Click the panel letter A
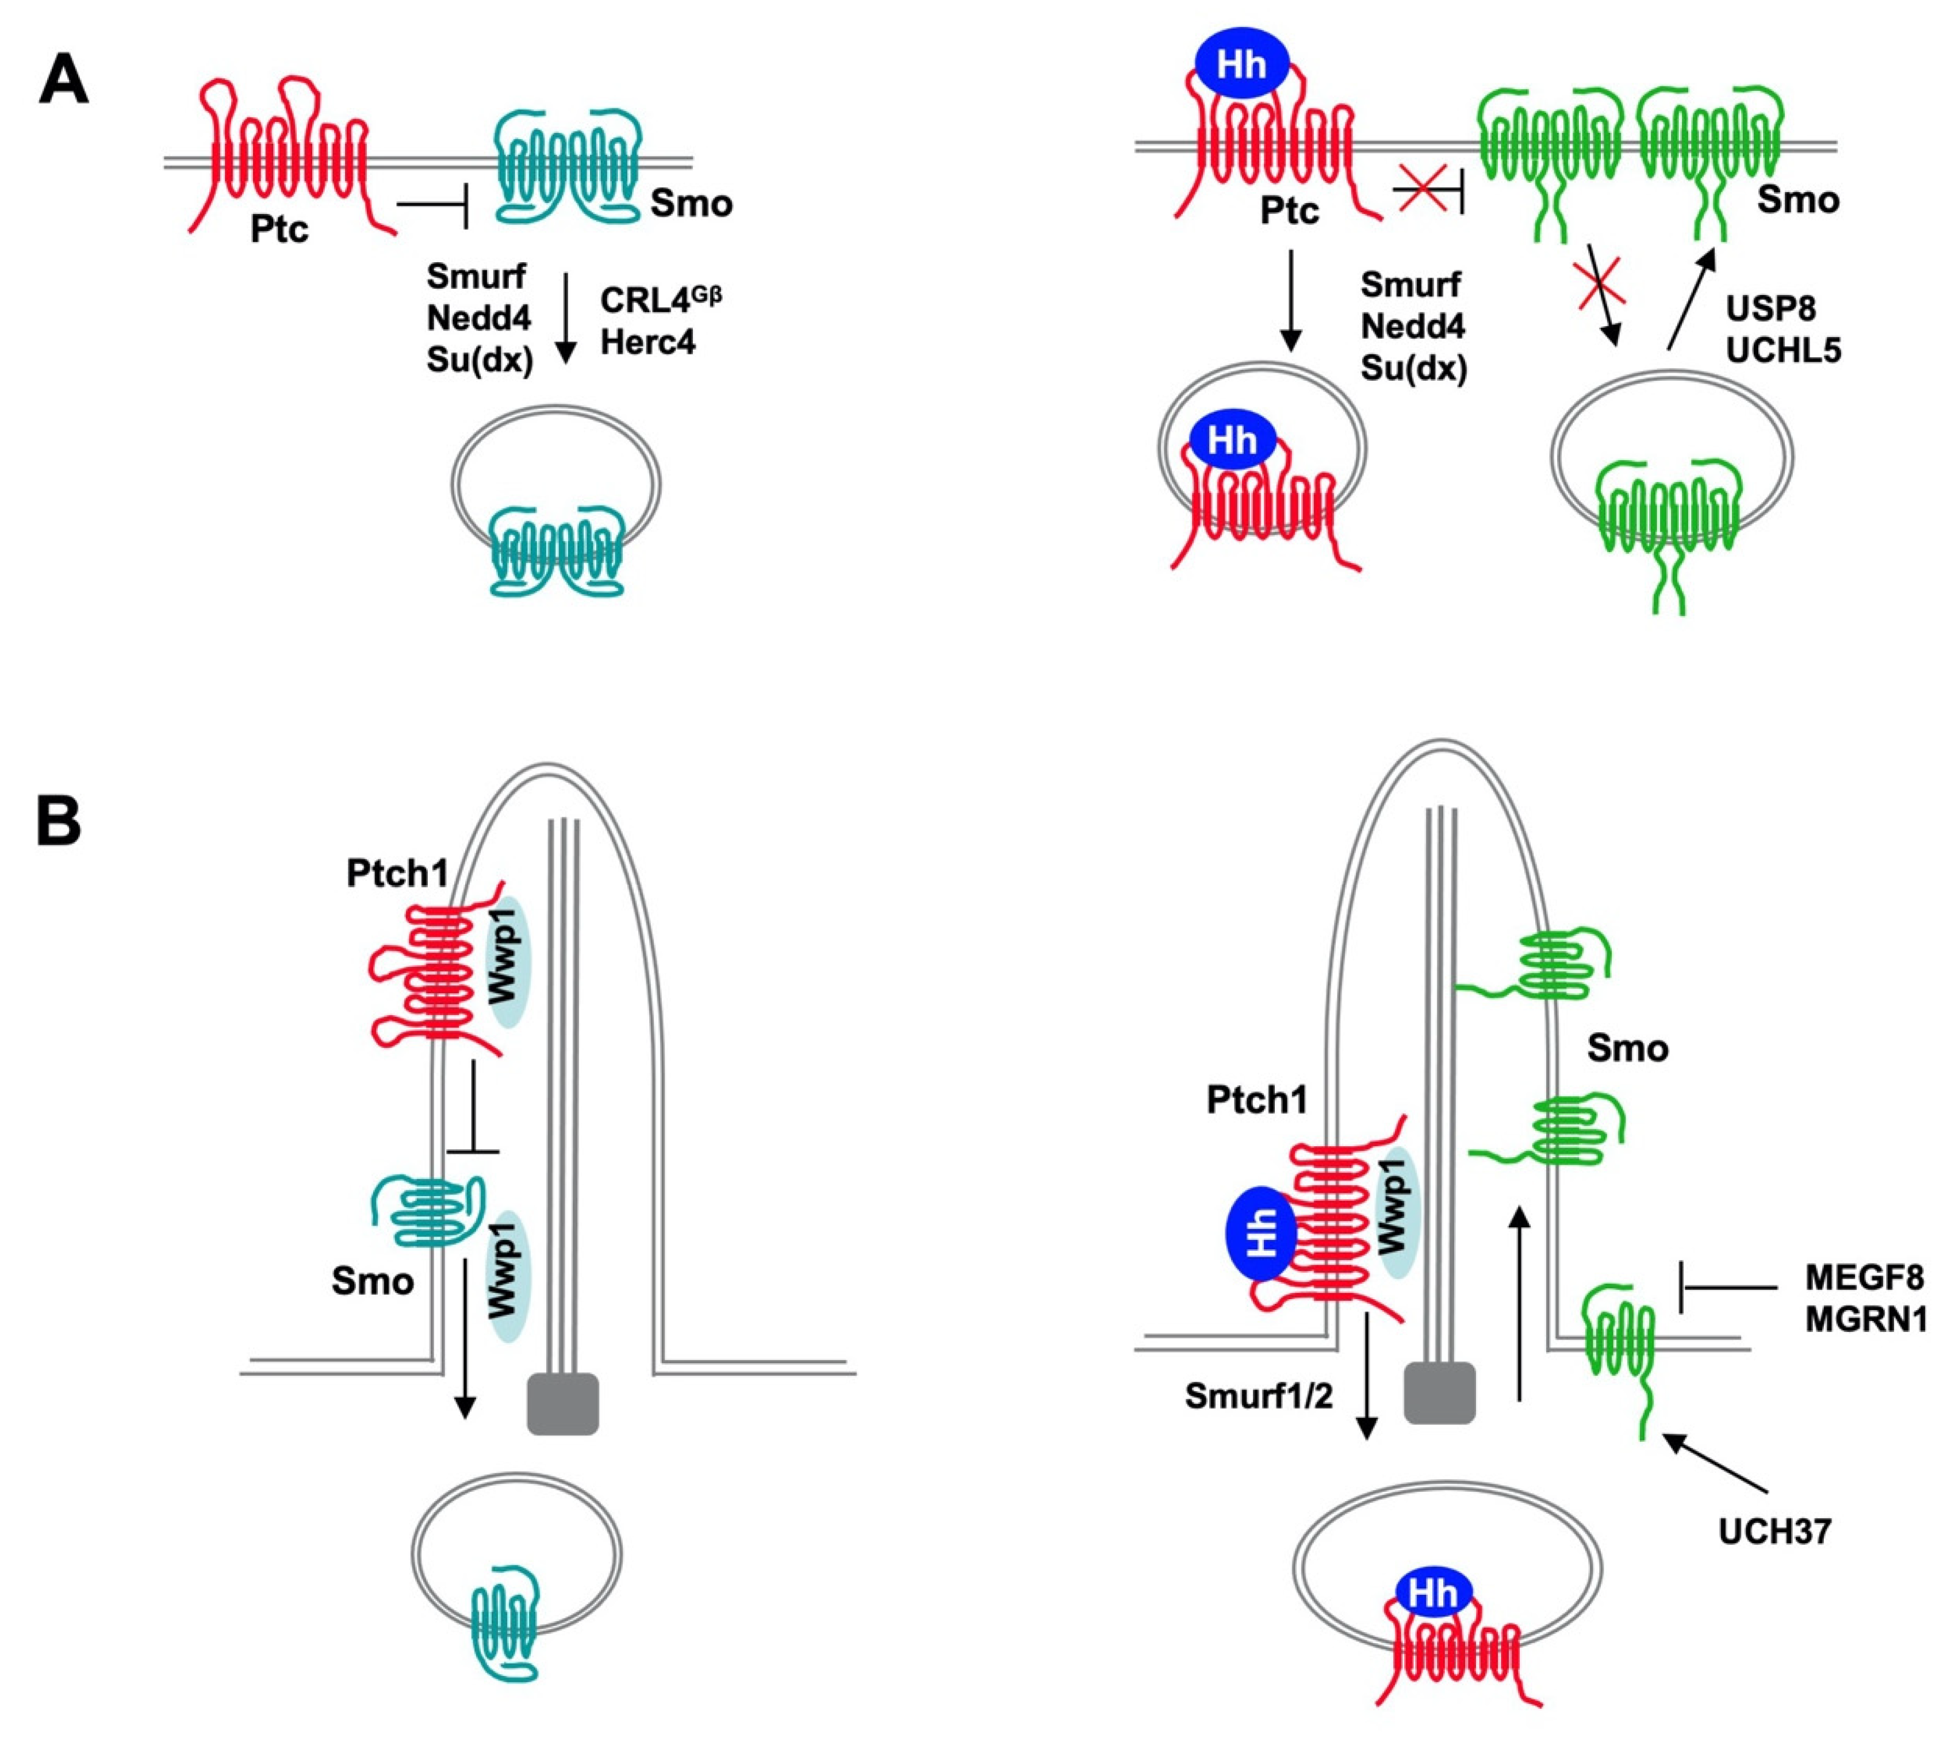(x=63, y=82)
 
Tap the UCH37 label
(x=1774, y=1532)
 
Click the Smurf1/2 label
(x=1258, y=1396)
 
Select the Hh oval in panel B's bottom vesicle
(x=1432, y=1593)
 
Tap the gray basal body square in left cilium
(x=562, y=1404)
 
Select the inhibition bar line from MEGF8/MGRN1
(x=1727, y=1287)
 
